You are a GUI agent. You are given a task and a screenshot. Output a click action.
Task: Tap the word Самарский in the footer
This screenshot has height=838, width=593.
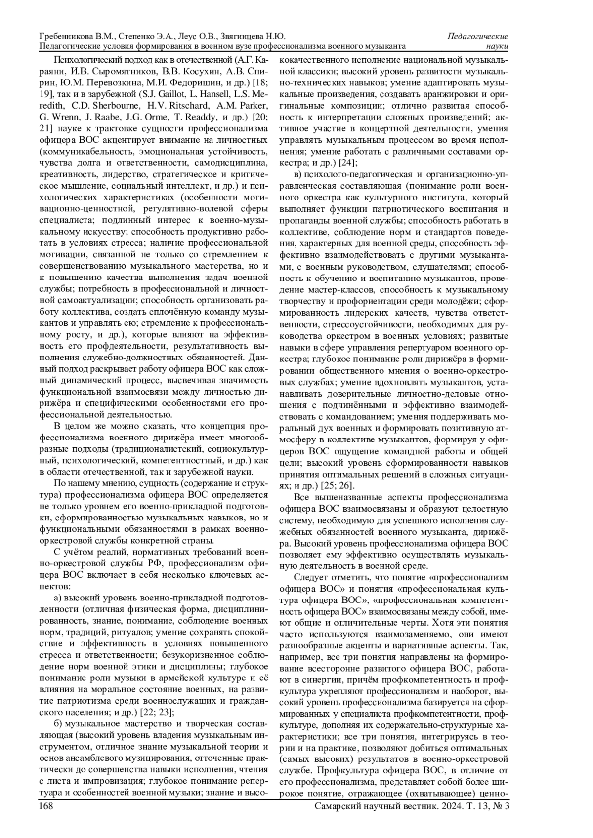339,806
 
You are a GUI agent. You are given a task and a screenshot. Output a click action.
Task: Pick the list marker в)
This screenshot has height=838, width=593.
297,175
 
